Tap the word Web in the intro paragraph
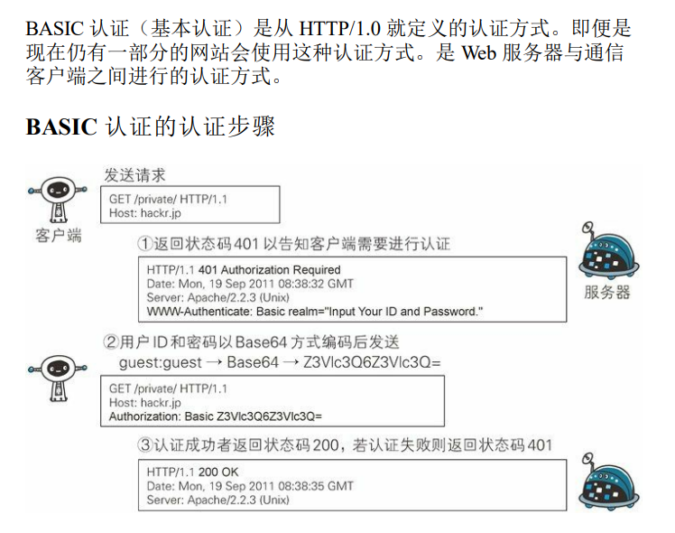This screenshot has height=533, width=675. pos(478,52)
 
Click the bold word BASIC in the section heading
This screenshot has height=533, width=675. pos(60,126)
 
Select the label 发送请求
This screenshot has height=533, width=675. pos(135,174)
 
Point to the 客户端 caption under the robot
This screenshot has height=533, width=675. pos(59,235)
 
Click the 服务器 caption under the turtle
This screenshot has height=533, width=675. pos(607,292)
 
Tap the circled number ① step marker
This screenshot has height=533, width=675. pos(144,244)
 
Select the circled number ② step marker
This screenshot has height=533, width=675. pos(111,342)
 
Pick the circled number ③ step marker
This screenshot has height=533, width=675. pos(144,445)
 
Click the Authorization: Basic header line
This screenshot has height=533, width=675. pos(216,416)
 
